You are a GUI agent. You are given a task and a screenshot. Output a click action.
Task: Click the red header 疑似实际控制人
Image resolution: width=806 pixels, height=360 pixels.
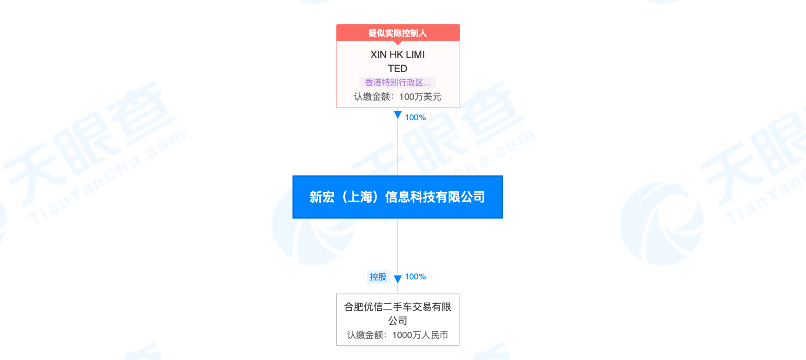398,33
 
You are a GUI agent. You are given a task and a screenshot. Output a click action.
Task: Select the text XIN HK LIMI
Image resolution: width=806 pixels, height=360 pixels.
398,54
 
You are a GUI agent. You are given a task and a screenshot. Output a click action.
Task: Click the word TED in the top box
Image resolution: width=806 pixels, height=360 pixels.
398,68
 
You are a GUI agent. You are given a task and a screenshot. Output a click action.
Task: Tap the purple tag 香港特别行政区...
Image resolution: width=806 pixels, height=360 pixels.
398,82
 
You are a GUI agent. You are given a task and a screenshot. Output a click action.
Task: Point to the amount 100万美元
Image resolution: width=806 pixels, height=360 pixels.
420,97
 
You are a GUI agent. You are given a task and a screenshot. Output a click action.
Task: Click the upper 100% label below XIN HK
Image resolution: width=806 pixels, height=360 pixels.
415,118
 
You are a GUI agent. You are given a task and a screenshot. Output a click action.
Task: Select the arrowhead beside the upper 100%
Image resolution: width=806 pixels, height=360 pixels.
398,115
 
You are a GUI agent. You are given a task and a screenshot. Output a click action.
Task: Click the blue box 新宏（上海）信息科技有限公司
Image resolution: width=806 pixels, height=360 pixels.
398,197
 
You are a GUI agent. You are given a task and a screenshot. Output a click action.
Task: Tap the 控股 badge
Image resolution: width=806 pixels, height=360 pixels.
378,277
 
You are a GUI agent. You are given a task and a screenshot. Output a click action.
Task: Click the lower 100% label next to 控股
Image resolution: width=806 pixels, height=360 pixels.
415,277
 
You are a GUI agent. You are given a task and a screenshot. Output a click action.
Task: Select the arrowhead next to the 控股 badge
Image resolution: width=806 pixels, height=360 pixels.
398,279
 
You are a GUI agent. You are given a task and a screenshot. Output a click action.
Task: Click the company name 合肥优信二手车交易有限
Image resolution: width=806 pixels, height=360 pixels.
398,307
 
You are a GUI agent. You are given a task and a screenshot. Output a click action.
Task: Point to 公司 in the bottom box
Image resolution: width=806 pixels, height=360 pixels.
398,321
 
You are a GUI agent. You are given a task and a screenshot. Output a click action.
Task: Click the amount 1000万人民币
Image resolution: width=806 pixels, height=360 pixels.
420,335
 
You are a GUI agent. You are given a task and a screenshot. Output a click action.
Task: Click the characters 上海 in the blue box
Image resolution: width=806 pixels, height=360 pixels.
360,197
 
